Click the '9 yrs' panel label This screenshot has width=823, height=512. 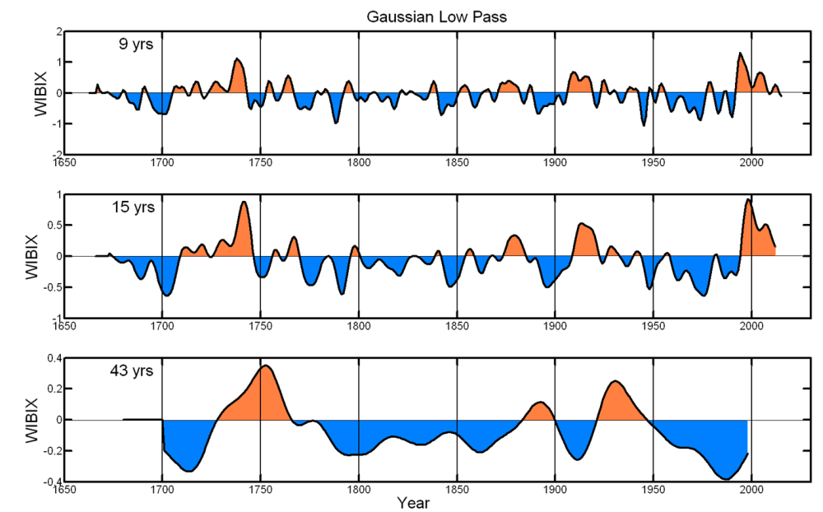(137, 45)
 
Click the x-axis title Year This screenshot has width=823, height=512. (412, 501)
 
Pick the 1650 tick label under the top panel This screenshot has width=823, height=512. (64, 162)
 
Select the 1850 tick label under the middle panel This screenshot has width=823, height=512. (457, 325)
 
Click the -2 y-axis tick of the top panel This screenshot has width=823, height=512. (57, 154)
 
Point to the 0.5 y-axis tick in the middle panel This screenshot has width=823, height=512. (51, 226)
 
